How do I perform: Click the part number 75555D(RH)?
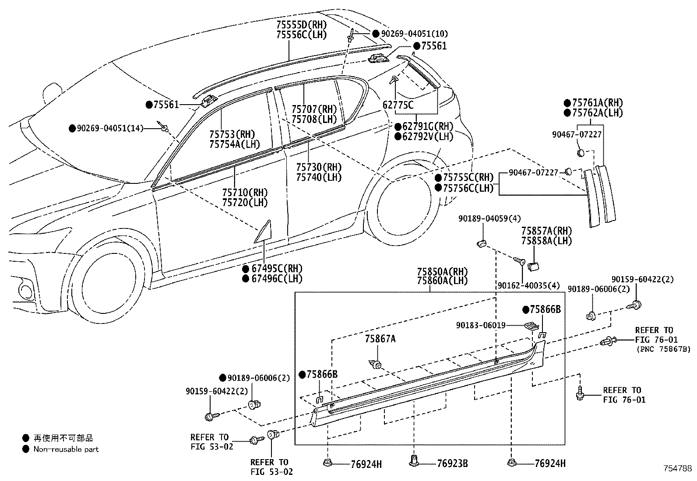pos(302,25)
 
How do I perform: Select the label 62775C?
pos(398,105)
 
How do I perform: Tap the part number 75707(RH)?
pos(314,109)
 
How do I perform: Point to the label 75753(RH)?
pos(232,134)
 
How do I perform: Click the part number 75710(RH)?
pos(245,193)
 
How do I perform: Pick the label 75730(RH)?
pos(319,167)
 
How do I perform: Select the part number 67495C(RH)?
pos(277,268)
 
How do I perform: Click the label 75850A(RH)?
pos(443,272)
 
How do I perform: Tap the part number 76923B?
pos(452,463)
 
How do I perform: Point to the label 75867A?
pos(380,339)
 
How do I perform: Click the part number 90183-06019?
pos(481,325)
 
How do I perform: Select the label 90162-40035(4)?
pos(529,285)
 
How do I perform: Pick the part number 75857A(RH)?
pos(547,231)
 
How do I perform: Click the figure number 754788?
pos(677,468)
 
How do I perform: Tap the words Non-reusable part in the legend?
pos(66,449)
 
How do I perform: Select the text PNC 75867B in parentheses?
pos(663,349)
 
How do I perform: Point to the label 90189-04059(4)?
pos(489,219)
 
